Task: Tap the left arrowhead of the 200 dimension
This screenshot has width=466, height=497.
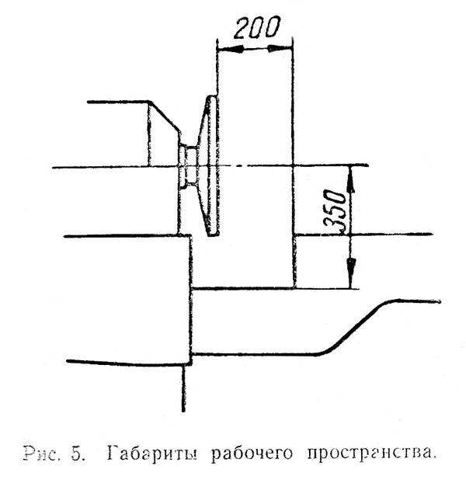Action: [226, 49]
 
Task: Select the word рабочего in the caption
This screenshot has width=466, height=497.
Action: [249, 454]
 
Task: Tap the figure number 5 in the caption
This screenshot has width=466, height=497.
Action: [79, 453]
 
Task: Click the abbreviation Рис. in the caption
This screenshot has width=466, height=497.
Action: [44, 453]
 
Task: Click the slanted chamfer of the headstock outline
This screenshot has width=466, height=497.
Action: [165, 116]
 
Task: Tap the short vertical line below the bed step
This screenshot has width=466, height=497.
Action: [183, 388]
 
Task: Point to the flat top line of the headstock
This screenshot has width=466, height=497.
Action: [116, 102]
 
